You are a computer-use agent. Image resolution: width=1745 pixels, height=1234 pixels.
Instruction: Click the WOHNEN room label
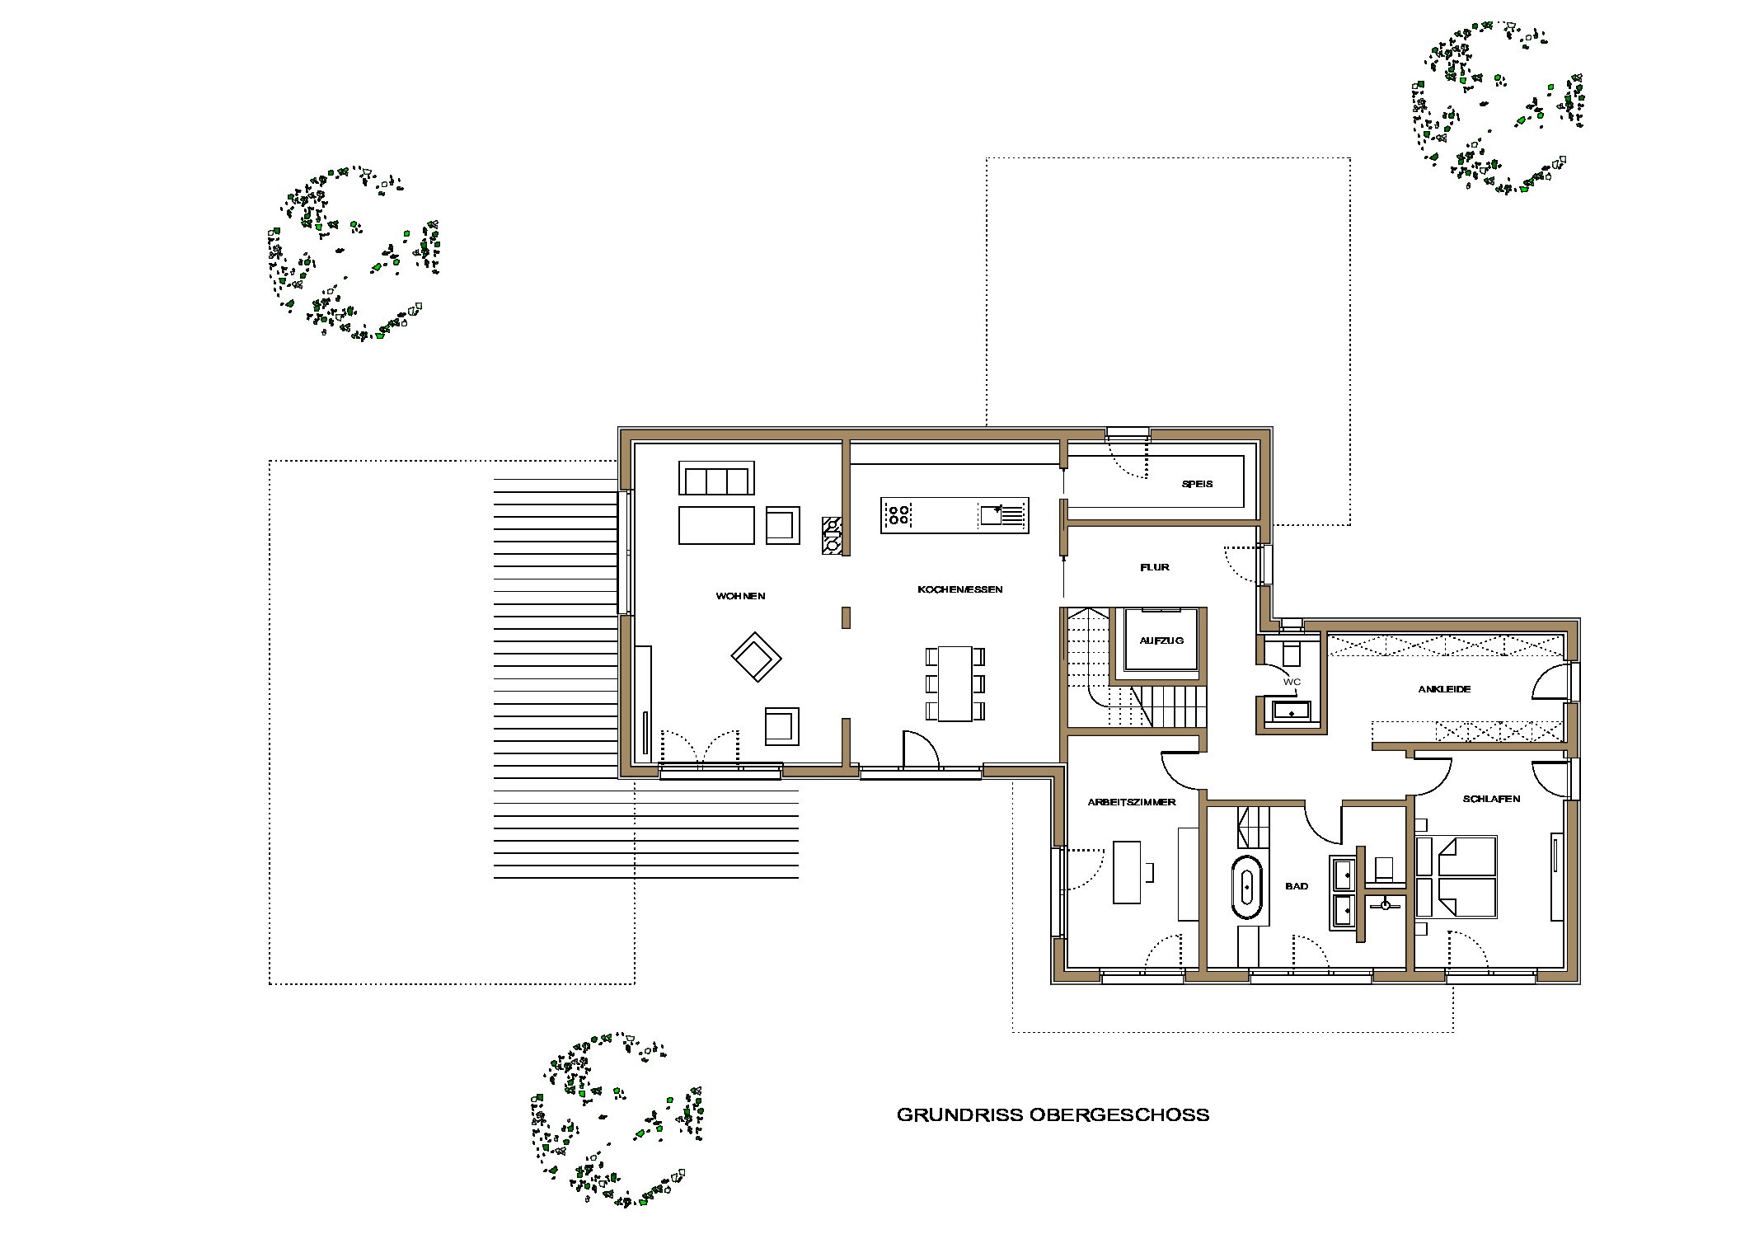[740, 596]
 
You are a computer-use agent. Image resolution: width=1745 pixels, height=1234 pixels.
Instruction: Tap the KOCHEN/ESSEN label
[959, 589]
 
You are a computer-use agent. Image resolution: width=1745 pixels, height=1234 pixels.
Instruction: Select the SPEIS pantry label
[1197, 484]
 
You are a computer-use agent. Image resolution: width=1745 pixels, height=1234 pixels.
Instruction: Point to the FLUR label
[1154, 567]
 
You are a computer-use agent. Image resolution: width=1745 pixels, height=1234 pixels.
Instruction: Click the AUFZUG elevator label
[1161, 640]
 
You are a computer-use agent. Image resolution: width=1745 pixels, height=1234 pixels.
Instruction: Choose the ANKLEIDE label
[1444, 688]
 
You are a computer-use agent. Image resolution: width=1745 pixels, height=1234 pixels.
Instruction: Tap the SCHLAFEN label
[1491, 799]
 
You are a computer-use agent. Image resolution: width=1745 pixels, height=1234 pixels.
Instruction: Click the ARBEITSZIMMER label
[1131, 801]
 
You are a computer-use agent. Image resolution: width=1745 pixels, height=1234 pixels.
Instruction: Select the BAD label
[1297, 886]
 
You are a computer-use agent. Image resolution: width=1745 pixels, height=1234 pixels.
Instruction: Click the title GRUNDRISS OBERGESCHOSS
[1053, 1114]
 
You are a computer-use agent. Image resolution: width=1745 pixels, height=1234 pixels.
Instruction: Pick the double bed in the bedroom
[1456, 876]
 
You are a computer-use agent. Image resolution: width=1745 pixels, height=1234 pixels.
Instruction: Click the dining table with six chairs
[955, 683]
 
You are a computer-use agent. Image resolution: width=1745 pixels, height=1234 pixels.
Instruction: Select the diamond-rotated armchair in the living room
[756, 657]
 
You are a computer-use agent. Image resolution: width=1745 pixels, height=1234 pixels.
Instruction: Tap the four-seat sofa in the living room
[716, 478]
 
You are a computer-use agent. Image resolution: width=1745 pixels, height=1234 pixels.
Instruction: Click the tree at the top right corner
[1499, 107]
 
